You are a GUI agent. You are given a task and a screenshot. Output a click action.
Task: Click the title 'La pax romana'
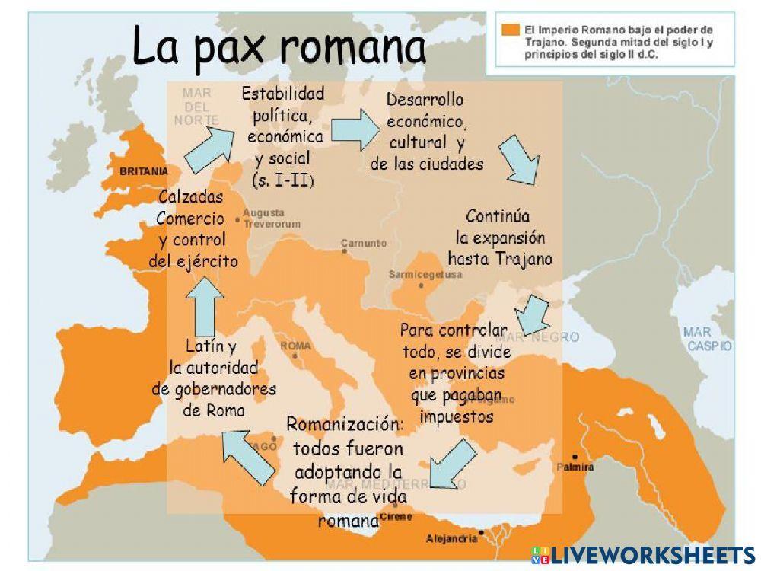click(x=279, y=47)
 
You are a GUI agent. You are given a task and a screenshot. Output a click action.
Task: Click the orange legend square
click(x=511, y=30)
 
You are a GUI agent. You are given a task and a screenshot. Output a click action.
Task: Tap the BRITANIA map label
click(x=143, y=172)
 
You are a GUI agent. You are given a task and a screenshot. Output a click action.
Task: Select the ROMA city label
click(x=296, y=346)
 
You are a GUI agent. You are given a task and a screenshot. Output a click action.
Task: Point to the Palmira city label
click(x=575, y=467)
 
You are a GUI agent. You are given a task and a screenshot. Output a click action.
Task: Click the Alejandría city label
click(x=452, y=538)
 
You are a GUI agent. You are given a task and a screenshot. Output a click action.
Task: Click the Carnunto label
click(x=364, y=244)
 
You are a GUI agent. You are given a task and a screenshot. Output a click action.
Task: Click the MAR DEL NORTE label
click(x=196, y=107)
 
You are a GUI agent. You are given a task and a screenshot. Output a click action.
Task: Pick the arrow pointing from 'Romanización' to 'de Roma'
click(x=247, y=455)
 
